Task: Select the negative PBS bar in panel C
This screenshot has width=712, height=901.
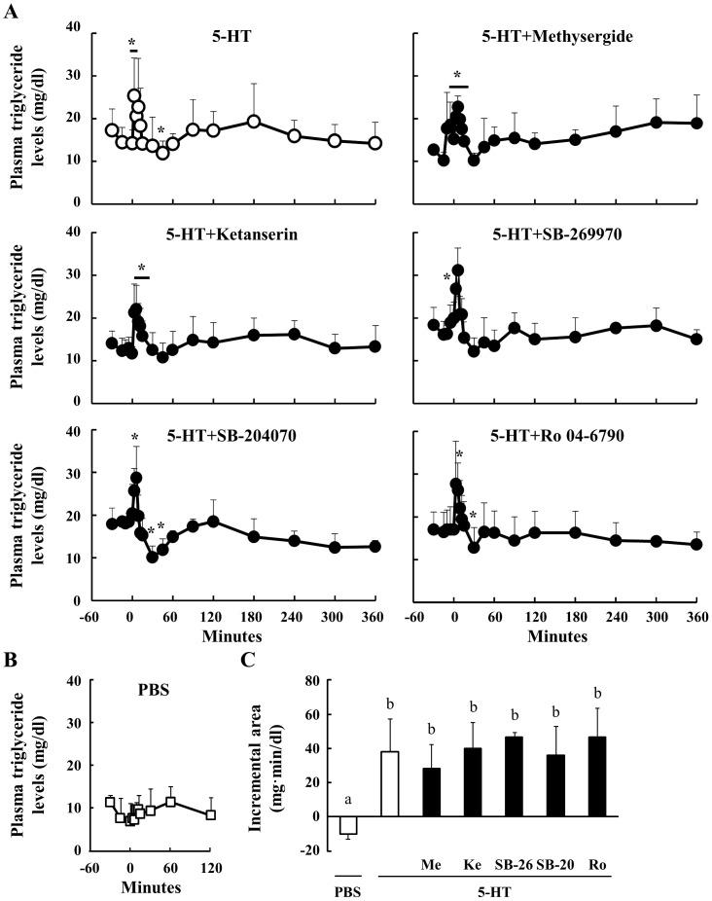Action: point(348,824)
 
